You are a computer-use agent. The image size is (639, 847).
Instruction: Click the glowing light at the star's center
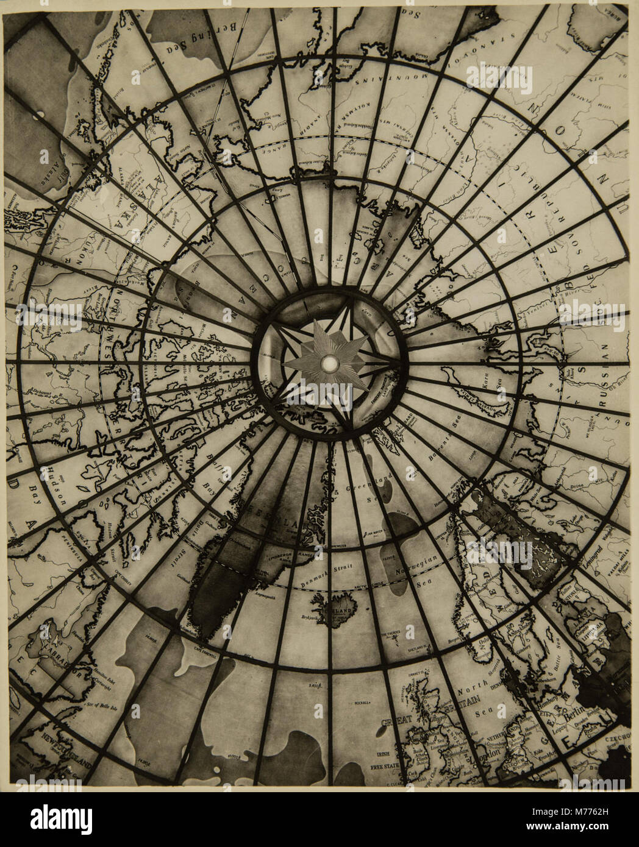coord(329,364)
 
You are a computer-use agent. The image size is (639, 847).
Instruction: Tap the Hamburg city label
coord(549,700)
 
